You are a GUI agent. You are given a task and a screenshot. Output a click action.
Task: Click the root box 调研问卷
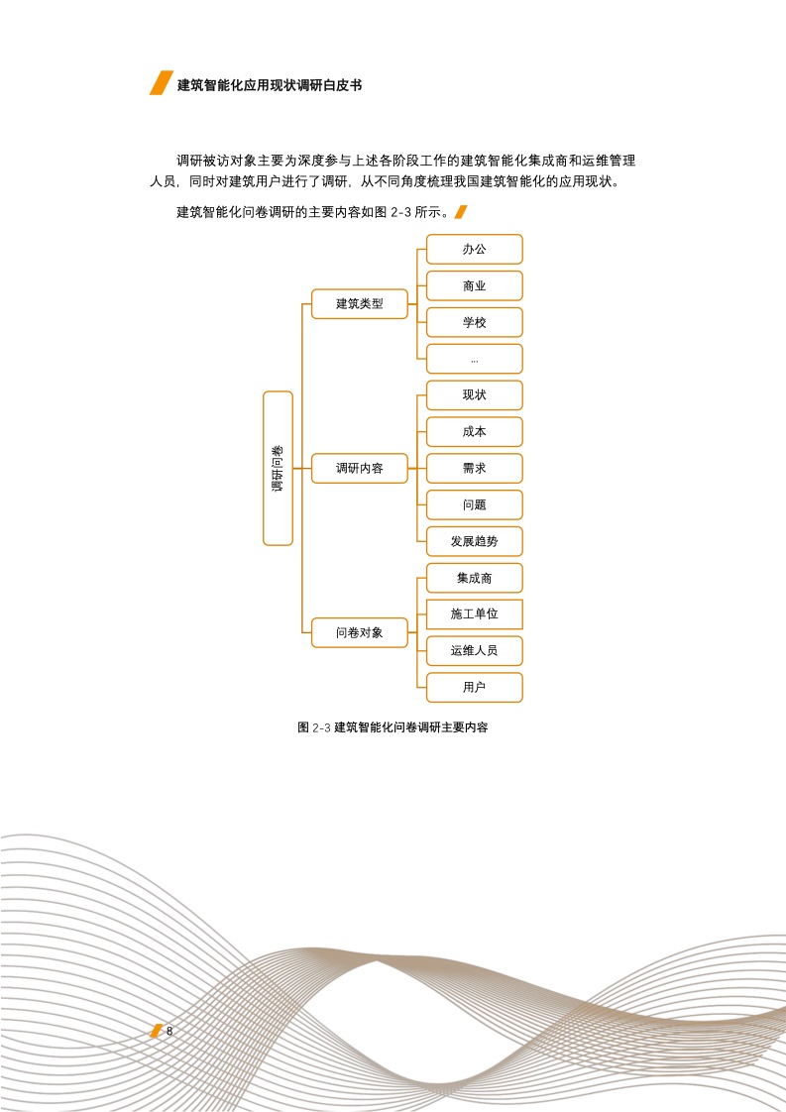click(x=278, y=468)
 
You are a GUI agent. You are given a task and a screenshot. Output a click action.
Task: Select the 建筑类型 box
click(x=360, y=304)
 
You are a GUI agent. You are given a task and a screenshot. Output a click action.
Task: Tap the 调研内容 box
click(x=360, y=468)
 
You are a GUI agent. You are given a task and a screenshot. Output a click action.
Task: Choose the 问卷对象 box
click(x=360, y=632)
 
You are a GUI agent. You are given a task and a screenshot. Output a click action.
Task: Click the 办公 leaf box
click(x=475, y=249)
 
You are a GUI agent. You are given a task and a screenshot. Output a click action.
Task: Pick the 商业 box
click(x=475, y=285)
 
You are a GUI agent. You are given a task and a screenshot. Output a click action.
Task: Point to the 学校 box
click(x=475, y=323)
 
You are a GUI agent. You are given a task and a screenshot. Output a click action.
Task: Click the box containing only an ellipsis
click(x=475, y=359)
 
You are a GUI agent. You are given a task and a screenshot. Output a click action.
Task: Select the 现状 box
click(x=475, y=395)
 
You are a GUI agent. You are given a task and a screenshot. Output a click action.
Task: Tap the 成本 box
click(x=475, y=432)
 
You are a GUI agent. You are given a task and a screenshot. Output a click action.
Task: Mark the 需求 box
click(x=475, y=468)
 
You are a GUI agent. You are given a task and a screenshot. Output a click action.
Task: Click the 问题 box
click(x=475, y=504)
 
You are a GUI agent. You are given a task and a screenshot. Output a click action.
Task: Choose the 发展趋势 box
click(x=475, y=541)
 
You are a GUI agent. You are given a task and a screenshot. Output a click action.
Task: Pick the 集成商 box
click(x=475, y=578)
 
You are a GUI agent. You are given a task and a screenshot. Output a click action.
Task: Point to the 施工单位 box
click(x=475, y=614)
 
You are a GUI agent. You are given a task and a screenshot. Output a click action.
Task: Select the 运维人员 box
click(x=475, y=651)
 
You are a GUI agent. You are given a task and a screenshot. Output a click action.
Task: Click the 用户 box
click(x=475, y=687)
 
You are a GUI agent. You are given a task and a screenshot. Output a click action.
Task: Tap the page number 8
click(x=169, y=1031)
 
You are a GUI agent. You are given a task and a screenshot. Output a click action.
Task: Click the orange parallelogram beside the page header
click(x=162, y=83)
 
